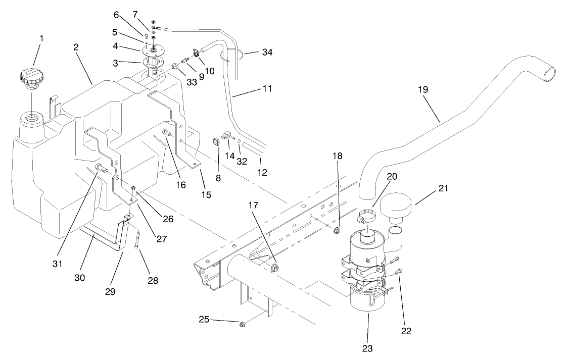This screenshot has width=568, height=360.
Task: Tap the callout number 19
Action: [423, 89]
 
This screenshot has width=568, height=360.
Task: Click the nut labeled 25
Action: [242, 323]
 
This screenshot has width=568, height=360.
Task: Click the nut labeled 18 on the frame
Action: [336, 231]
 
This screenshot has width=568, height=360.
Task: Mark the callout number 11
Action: [267, 88]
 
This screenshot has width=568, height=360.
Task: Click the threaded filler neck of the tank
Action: [31, 122]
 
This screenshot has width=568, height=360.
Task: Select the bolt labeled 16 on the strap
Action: [167, 133]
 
